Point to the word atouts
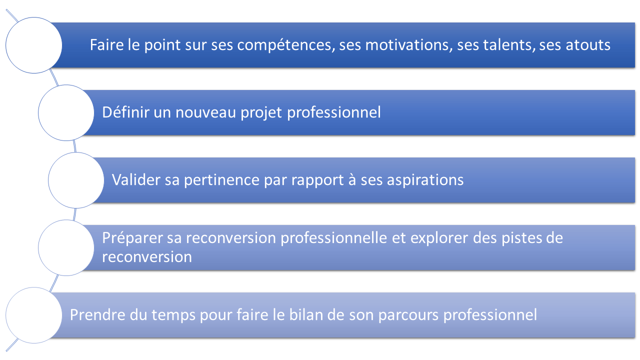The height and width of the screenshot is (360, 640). [x=588, y=45]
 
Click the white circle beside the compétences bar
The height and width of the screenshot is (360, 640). [x=33, y=45]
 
